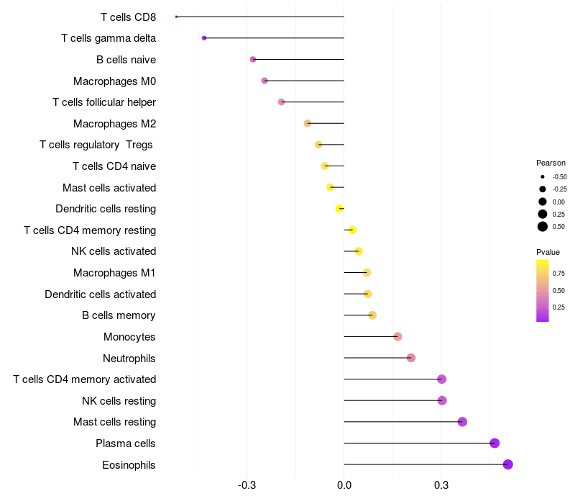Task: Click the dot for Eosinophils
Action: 507,464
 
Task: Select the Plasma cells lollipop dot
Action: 494,443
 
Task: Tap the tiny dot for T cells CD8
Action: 176,17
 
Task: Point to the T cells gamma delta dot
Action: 204,37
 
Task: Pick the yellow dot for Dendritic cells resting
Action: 339,209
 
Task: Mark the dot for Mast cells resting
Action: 462,422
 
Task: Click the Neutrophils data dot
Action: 411,358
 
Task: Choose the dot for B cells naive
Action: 253,59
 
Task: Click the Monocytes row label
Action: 129,337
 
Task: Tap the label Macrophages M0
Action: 114,81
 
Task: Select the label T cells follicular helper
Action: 104,102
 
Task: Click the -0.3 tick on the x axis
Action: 247,485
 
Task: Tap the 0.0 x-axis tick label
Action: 344,485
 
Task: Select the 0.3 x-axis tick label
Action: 441,485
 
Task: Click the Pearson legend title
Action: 551,163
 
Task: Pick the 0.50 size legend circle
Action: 543,227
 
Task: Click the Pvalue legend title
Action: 548,252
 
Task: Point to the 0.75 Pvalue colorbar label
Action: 558,273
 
